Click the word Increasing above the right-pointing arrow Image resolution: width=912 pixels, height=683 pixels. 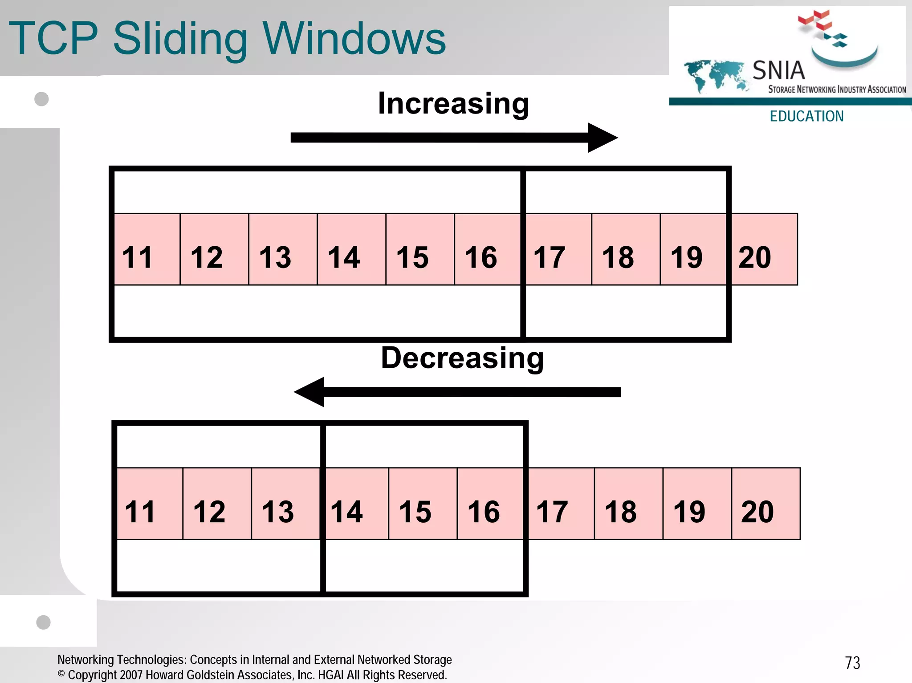pyautogui.click(x=453, y=104)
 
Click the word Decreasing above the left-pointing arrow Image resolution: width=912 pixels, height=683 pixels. pyautogui.click(x=462, y=358)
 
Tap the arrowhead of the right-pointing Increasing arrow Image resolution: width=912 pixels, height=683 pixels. pyautogui.click(x=602, y=138)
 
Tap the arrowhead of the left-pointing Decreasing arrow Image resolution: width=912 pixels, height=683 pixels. pyautogui.click(x=310, y=392)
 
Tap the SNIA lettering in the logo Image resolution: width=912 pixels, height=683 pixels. pyautogui.click(x=778, y=70)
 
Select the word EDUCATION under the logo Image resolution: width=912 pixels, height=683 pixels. pyautogui.click(x=806, y=116)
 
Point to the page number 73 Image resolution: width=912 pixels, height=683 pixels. pyautogui.click(x=852, y=663)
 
